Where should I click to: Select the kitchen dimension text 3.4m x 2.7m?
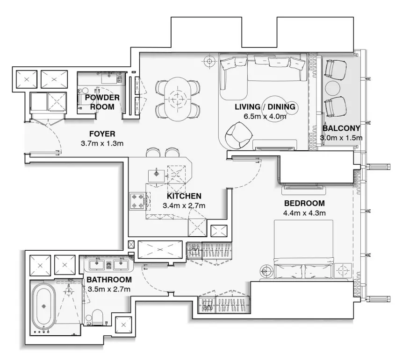point(184,205)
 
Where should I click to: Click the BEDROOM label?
point(304,204)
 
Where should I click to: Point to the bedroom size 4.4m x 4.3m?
point(304,213)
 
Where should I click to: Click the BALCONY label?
point(341,128)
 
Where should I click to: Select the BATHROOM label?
point(108,280)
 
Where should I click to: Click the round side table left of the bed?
point(267,270)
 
